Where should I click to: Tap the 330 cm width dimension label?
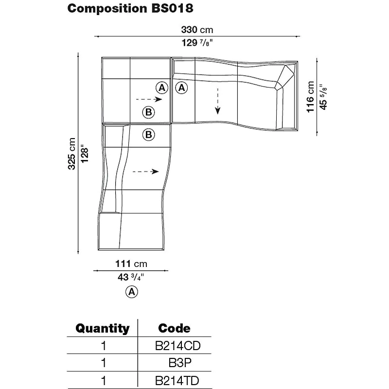pos(197,30)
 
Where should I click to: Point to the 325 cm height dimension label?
pos(71,154)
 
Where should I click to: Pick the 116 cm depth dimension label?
pos(310,97)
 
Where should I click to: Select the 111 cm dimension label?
pos(131,264)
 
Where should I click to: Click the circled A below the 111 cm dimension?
pos(131,292)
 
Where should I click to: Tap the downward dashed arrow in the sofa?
pos(218,101)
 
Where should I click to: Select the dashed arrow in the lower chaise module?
pos(146,171)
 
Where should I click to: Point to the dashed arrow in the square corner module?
pos(152,99)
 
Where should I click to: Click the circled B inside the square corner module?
pos(148,113)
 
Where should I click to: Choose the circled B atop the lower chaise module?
pos(148,134)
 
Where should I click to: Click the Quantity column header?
pos(103,328)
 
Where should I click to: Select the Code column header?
pos(174,328)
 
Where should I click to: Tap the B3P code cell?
pos(177,363)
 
